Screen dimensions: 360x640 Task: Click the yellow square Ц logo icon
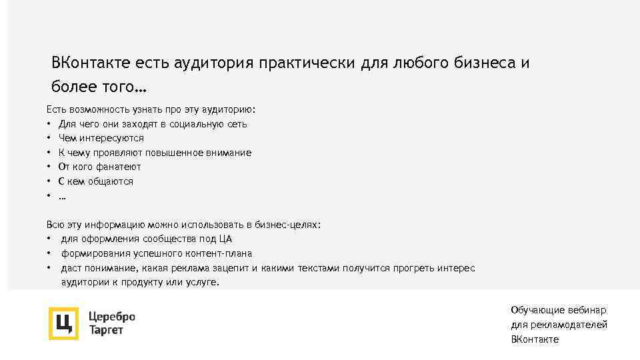(x=63, y=323)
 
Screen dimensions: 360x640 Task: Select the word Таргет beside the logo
(x=106, y=330)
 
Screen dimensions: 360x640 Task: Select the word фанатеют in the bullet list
(x=119, y=167)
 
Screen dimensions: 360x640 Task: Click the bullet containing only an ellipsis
(x=62, y=196)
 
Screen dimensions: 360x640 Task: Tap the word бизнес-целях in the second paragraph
(x=291, y=225)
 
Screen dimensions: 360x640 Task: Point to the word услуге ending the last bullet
(x=204, y=283)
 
